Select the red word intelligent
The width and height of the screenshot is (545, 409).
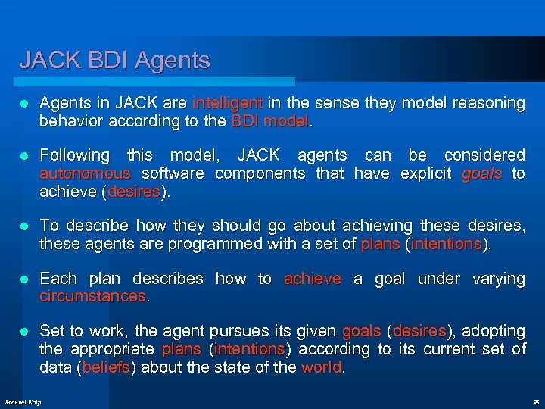click(228, 102)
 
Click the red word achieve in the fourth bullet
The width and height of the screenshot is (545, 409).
click(312, 279)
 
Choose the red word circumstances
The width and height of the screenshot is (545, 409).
click(93, 296)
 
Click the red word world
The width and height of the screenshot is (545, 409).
click(322, 367)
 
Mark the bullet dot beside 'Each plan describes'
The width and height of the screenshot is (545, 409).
click(24, 279)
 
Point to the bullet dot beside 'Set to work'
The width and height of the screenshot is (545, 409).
click(24, 331)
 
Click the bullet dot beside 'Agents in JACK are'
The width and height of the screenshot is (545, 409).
click(24, 103)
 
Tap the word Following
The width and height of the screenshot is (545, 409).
click(74, 155)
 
